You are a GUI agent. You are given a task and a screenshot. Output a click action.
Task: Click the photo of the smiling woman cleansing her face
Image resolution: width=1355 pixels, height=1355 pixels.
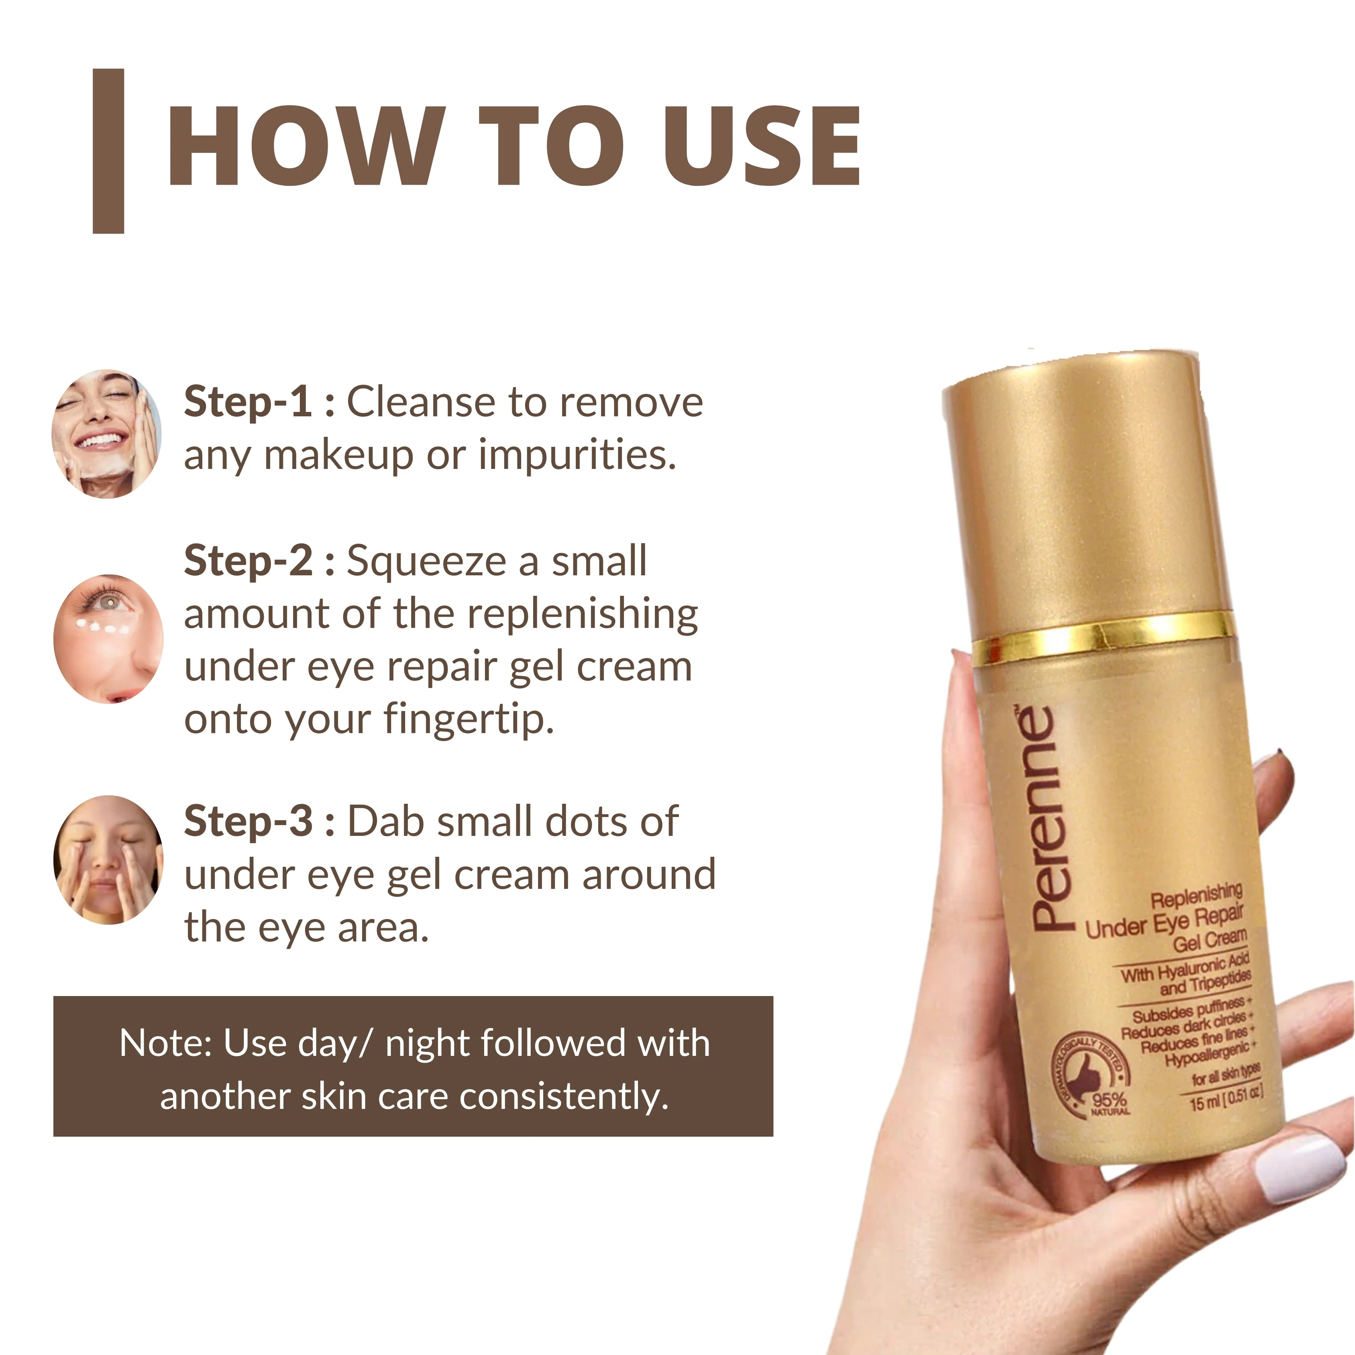[x=107, y=434]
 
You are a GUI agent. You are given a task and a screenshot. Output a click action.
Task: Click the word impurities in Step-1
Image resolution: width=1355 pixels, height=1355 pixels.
[x=577, y=455]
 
